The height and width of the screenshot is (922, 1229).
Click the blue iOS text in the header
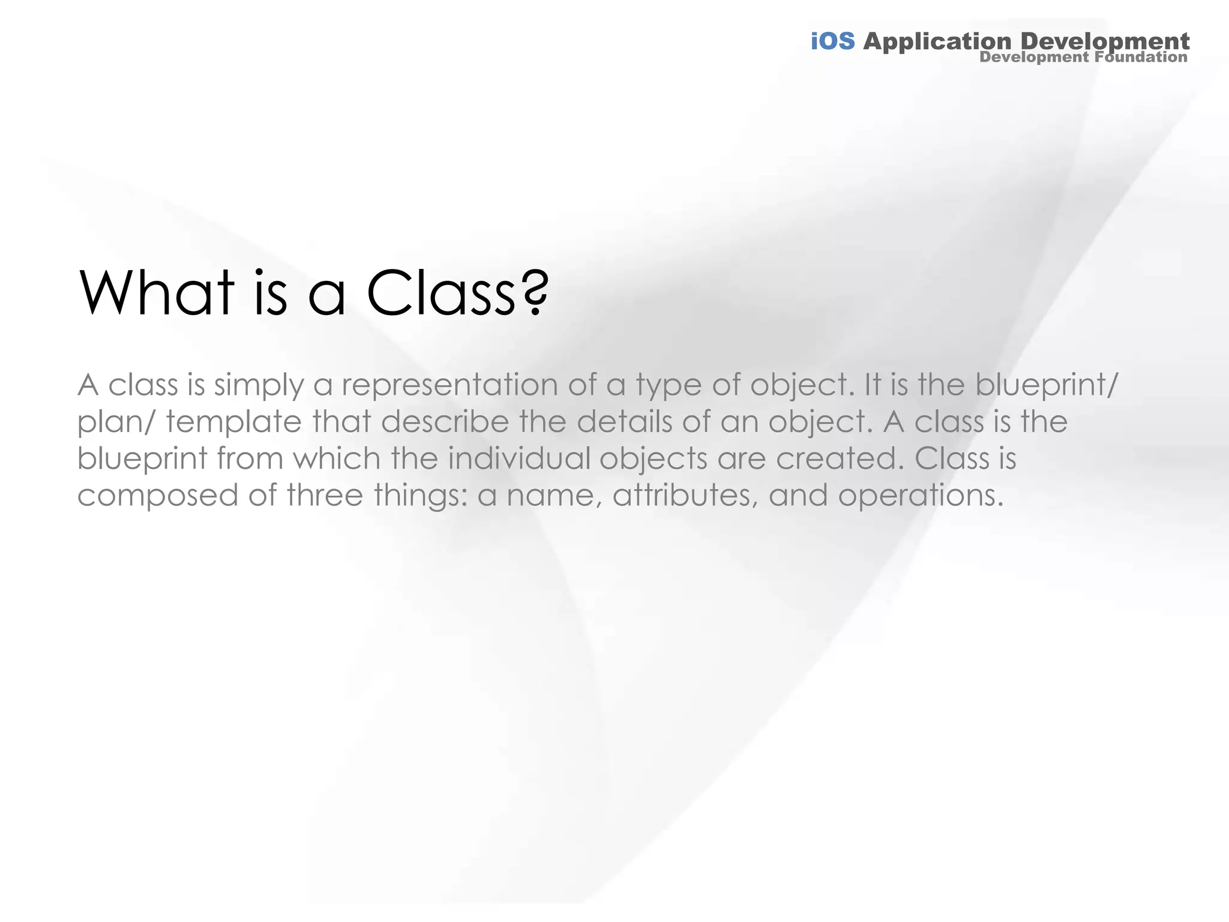coord(832,41)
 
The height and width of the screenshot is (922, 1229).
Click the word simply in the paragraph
coord(259,386)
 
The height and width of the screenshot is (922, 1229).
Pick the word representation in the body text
coord(449,385)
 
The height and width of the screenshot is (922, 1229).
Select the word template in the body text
coord(233,422)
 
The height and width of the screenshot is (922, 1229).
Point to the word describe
coord(445,421)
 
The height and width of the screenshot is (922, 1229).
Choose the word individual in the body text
coord(518,459)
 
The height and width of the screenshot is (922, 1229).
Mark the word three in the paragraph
coord(325,495)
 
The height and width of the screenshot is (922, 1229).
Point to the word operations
coord(921,496)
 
